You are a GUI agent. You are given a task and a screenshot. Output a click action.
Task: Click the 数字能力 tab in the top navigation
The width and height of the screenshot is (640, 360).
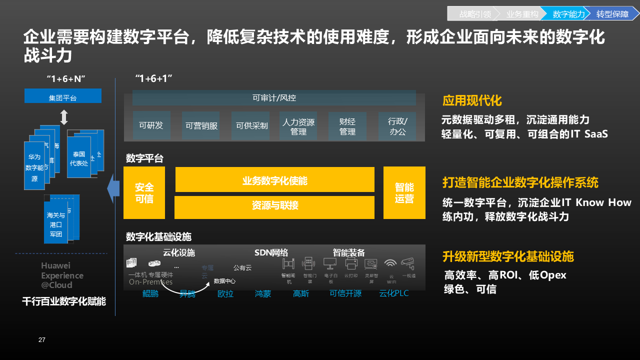tap(568, 14)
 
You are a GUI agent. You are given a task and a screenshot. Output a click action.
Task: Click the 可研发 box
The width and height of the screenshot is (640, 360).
tap(151, 125)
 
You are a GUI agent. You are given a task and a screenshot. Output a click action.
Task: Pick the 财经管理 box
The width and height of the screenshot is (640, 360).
tap(347, 126)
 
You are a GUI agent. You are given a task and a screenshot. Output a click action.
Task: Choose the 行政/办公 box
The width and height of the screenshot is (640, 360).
tap(397, 126)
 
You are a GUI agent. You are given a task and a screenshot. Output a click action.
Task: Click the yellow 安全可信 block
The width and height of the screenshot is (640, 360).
tap(144, 193)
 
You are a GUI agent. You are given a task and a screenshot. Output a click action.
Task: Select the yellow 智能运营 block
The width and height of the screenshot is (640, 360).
tap(404, 193)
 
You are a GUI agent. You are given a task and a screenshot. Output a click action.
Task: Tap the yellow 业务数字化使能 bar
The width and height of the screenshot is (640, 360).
tap(274, 180)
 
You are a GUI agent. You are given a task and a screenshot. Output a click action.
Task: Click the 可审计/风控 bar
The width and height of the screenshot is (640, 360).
tap(274, 98)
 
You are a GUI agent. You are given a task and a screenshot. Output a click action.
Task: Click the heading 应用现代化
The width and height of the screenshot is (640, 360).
tap(471, 100)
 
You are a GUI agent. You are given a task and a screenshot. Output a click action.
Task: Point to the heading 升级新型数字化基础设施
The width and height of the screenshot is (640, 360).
tap(507, 256)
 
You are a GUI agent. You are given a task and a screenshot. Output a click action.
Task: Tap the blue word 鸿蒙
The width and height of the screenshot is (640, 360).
tap(263, 293)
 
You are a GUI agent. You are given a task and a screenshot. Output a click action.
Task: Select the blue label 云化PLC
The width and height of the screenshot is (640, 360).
tap(394, 293)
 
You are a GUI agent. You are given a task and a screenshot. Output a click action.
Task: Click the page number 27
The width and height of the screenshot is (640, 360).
tap(42, 340)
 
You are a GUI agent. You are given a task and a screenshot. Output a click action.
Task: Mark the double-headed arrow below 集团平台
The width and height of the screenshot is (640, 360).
tap(63, 117)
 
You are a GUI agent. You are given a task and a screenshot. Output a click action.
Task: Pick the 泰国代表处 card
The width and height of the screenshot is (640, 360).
tap(79, 158)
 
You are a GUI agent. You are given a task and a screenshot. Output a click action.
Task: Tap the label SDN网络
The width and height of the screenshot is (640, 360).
tap(271, 252)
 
